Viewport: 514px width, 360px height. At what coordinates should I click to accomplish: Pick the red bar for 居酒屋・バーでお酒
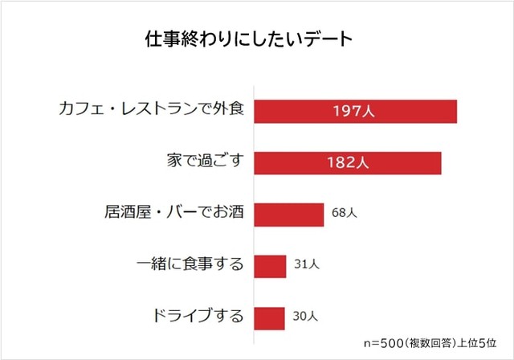point(288,215)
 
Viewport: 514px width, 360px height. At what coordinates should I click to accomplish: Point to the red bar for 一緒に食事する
point(270,266)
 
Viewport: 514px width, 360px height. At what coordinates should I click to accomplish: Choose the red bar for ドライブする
point(269,317)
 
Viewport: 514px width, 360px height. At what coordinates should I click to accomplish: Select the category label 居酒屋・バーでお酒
point(173,215)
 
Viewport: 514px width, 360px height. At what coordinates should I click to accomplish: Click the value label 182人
point(347,162)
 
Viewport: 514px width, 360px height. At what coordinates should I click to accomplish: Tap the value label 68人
point(344,215)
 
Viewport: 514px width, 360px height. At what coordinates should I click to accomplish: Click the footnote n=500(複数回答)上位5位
point(432,343)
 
